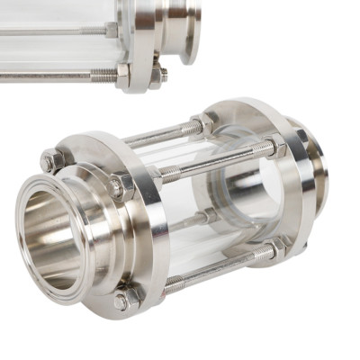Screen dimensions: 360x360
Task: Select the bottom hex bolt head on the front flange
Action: [x=127, y=297]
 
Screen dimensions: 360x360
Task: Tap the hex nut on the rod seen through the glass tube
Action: [x=209, y=216]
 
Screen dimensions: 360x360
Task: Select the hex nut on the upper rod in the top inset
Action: [x=112, y=30]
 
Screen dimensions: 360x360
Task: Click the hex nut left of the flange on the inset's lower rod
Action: [x=121, y=74]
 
